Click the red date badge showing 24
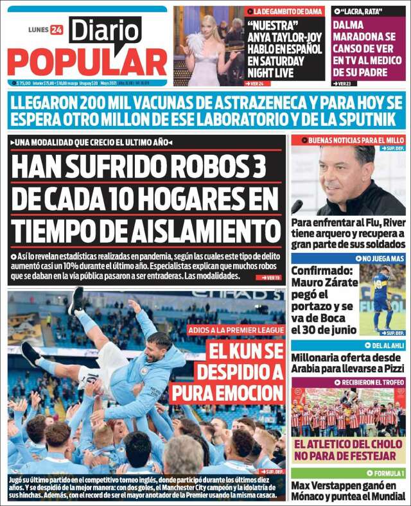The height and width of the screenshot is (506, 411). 57,30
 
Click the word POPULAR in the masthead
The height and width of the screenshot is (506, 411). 87,62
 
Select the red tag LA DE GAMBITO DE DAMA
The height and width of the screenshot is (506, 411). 289,12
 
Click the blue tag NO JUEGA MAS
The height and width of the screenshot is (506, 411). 382,258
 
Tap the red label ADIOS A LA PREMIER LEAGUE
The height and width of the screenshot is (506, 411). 236,329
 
